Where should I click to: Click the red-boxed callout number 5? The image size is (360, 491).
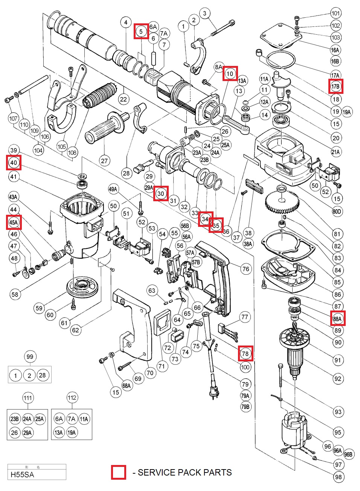point(141,31)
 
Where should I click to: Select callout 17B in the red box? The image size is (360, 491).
point(336,87)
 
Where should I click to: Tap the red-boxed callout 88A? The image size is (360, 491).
point(337,319)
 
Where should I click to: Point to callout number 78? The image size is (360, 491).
point(245,353)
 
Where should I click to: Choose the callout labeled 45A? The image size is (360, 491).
point(14,222)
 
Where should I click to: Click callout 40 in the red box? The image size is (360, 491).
point(14,163)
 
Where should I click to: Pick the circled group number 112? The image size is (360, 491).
point(72,398)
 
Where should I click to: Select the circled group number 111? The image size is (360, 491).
point(27,398)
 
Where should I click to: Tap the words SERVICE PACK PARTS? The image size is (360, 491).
point(185,473)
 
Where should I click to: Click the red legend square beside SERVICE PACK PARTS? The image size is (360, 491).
point(118,473)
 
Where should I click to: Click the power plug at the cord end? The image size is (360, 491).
point(214,392)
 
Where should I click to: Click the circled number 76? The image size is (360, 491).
point(246,269)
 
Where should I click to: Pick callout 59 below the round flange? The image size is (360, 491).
point(39,308)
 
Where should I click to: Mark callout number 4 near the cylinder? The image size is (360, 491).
point(126,22)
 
